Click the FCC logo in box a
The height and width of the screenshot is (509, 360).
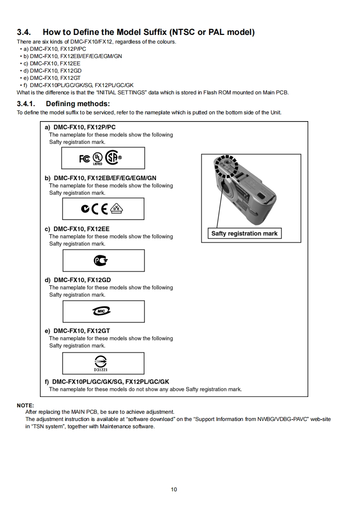(x=84, y=159)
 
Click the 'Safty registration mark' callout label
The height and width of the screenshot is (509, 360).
(x=244, y=234)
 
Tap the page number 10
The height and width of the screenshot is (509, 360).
(x=174, y=489)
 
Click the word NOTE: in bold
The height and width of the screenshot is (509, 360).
(x=25, y=405)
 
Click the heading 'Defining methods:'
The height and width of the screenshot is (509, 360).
(x=78, y=104)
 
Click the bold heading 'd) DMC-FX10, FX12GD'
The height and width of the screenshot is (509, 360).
(x=77, y=280)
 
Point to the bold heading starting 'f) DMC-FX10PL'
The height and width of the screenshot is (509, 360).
(x=107, y=382)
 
